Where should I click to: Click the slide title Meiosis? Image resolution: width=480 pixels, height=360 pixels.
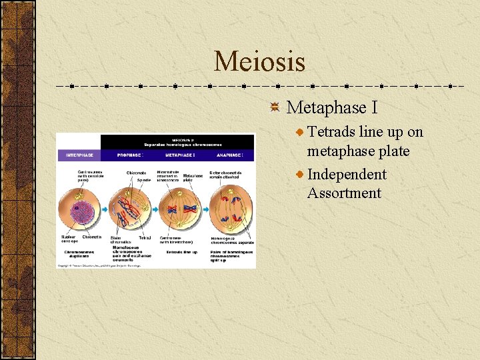(259, 62)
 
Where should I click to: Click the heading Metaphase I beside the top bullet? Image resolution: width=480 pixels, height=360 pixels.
(326, 107)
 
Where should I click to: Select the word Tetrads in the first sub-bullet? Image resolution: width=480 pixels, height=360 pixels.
(331, 132)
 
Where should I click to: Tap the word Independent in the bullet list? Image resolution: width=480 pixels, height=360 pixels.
(347, 175)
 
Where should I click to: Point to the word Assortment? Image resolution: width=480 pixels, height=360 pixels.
(344, 193)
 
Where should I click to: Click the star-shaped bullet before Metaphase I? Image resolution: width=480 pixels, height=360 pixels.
(275, 108)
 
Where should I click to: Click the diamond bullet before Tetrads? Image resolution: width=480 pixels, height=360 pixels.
(301, 133)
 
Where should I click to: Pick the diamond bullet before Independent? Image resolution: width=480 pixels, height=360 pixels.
(301, 175)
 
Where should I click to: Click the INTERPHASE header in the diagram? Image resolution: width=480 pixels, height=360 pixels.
(78, 155)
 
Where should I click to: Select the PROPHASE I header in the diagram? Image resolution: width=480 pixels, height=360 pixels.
(130, 155)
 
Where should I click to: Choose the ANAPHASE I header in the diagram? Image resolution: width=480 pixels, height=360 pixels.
(230, 155)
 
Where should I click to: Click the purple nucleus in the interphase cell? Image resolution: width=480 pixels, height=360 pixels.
(79, 209)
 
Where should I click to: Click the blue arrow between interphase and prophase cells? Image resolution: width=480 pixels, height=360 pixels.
(104, 209)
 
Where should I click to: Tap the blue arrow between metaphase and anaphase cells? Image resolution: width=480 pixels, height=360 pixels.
(205, 209)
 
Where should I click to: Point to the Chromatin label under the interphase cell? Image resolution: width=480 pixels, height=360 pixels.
(91, 237)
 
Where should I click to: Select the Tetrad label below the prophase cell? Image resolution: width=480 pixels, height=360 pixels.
(145, 238)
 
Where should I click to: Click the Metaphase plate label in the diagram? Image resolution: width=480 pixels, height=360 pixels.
(193, 177)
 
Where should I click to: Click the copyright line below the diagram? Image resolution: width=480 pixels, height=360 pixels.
(100, 265)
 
